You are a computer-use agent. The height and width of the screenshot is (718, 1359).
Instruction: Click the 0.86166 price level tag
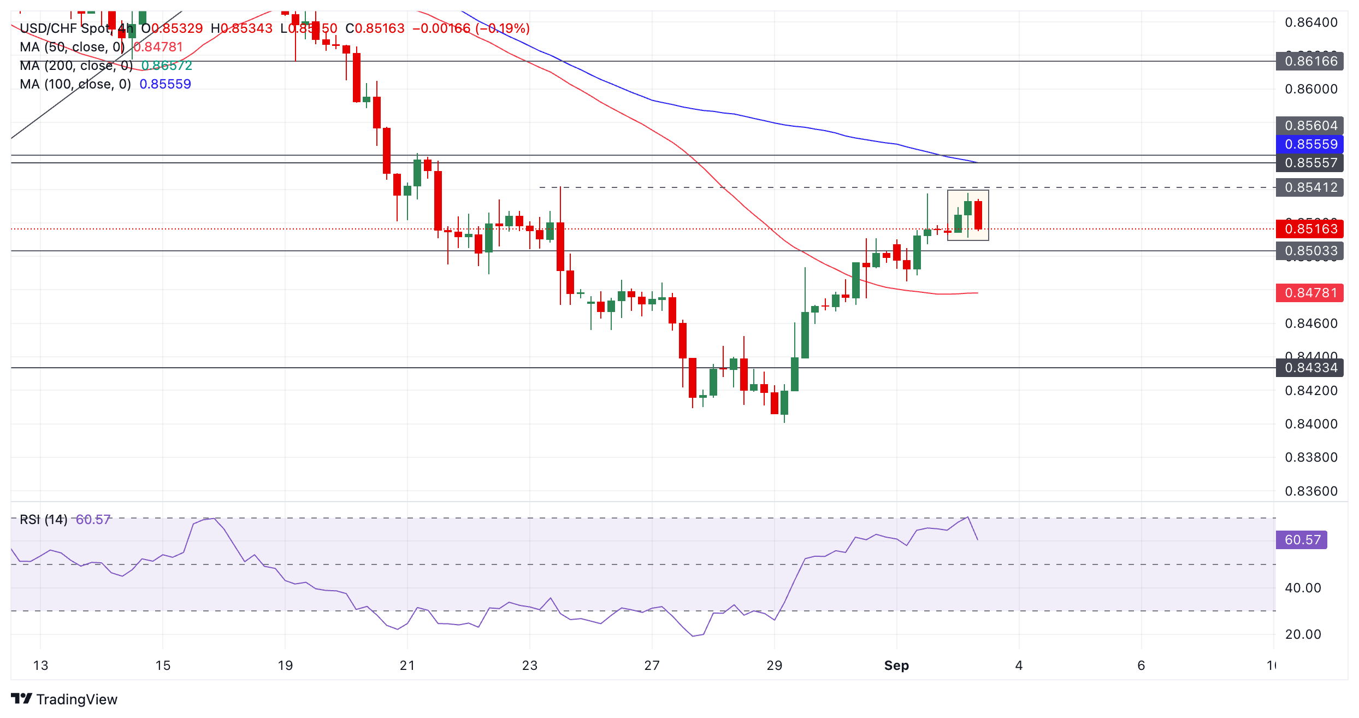pos(1310,61)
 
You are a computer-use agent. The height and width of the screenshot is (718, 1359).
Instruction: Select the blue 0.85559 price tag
pos(1310,144)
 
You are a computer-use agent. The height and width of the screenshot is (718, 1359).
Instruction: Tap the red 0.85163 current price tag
pos(1310,229)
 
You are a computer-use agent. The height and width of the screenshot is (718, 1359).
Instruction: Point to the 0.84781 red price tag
pos(1310,293)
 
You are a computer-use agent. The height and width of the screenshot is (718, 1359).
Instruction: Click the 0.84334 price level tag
pos(1310,368)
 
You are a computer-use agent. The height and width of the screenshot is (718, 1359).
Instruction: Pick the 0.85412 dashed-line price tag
pos(1310,187)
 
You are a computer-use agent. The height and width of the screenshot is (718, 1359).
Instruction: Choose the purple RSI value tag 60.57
pos(1302,540)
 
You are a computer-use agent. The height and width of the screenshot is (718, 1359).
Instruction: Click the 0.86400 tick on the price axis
pos(1311,22)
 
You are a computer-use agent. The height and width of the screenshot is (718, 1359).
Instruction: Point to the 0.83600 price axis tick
pos(1311,491)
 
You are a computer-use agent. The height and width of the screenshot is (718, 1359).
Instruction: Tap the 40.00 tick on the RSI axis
pos(1303,588)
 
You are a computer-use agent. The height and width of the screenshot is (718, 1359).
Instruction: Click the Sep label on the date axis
pos(896,666)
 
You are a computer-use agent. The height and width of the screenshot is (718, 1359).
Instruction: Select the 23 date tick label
pos(529,666)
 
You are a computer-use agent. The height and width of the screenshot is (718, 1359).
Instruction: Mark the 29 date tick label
pos(774,666)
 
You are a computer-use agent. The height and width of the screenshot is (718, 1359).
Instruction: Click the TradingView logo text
pos(76,699)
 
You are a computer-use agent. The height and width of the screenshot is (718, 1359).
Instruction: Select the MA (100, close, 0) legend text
pos(75,84)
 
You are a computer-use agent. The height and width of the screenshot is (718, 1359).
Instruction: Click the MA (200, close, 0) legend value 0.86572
pos(167,66)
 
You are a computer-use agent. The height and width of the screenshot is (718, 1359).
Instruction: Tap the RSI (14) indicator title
pos(44,520)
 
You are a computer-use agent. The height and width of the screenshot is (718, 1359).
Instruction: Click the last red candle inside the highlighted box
pos(978,215)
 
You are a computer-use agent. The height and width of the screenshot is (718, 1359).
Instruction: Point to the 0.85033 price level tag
pos(1310,251)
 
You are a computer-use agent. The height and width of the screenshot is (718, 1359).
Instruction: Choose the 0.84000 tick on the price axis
pos(1311,424)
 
